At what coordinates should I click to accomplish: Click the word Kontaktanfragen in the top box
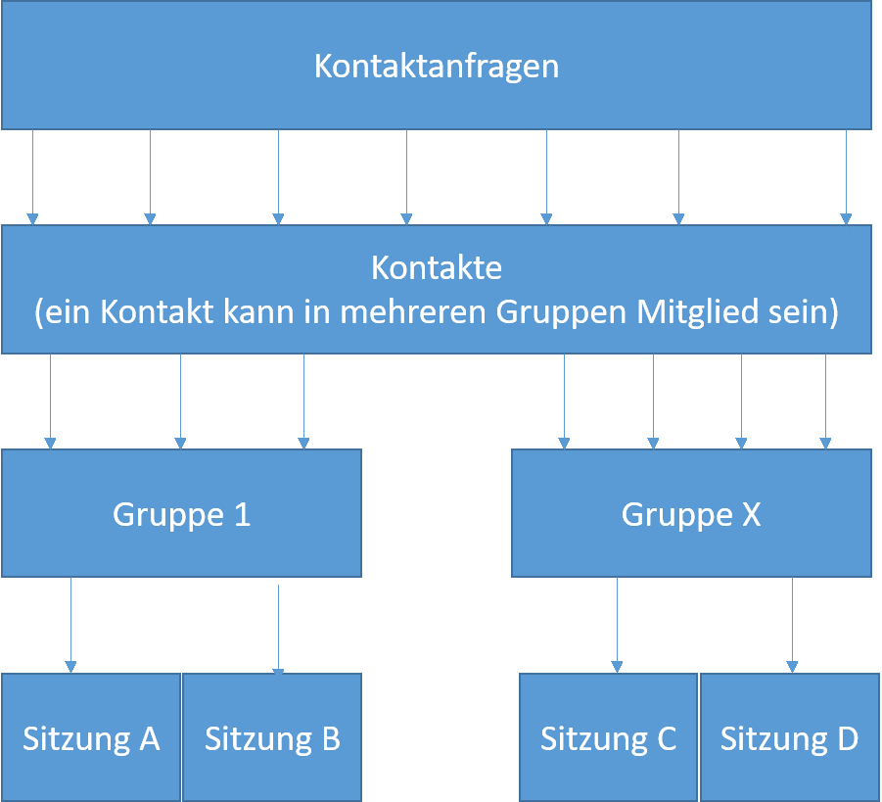coord(437,67)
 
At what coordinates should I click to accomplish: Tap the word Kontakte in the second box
coord(437,268)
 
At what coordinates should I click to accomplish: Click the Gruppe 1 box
coord(182,513)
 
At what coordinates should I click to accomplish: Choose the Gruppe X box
coord(691,513)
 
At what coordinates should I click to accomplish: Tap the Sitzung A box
coord(91,737)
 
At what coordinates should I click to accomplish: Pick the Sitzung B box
coord(272,737)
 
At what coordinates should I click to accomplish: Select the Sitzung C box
coord(608,737)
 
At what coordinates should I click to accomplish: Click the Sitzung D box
coord(790,737)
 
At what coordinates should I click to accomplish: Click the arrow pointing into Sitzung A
coord(70,626)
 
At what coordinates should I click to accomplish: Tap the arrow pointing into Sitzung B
coord(278,630)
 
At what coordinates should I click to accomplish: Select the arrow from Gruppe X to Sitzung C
coord(617,626)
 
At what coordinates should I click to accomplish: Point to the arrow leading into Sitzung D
coord(793,626)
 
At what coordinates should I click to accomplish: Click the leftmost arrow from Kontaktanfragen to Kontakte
coord(32,177)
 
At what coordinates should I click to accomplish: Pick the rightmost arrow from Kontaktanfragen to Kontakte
coord(846,177)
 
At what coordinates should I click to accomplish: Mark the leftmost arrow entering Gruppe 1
coord(50,401)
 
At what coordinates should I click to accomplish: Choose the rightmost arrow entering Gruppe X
coord(826,401)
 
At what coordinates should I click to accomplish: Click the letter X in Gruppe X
coord(752,514)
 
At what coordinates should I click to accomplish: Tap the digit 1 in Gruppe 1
coord(243,514)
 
